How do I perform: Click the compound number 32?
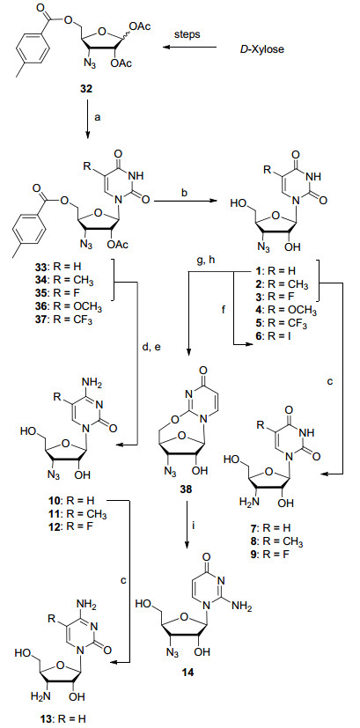pos(86,88)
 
